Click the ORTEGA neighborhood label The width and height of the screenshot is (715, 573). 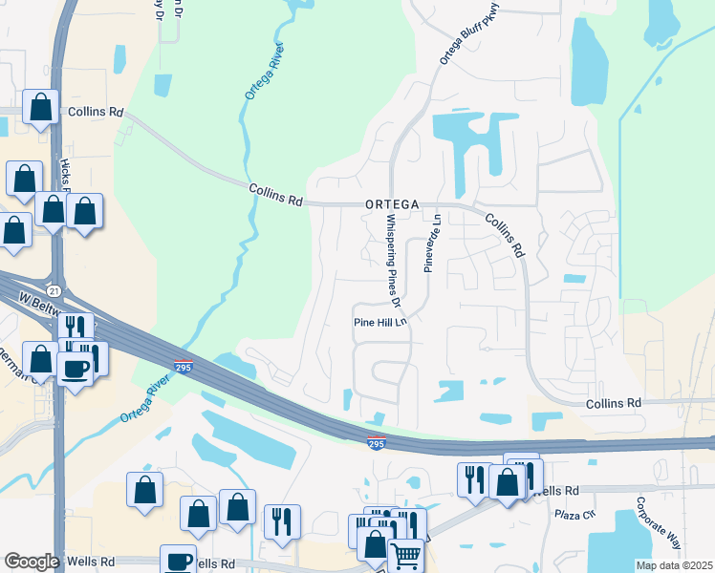(391, 204)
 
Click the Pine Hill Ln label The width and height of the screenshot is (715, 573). (381, 323)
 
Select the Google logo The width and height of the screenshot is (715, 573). (32, 562)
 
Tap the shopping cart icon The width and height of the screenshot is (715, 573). (406, 555)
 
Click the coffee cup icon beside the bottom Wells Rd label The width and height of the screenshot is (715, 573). (178, 560)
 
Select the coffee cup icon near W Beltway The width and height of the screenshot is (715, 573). (75, 366)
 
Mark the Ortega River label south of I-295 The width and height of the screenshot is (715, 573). (150, 404)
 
